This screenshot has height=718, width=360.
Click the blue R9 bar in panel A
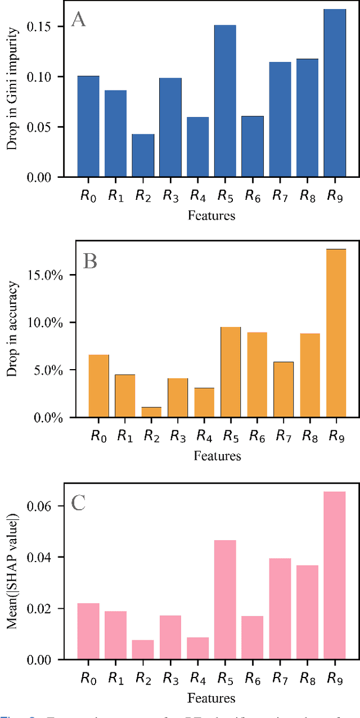[335, 93]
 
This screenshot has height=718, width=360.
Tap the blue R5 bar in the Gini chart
[225, 101]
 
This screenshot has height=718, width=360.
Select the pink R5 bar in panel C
[225, 600]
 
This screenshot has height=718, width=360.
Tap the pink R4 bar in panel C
[197, 648]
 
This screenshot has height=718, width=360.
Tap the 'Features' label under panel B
[217, 456]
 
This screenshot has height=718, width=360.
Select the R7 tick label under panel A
[280, 196]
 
